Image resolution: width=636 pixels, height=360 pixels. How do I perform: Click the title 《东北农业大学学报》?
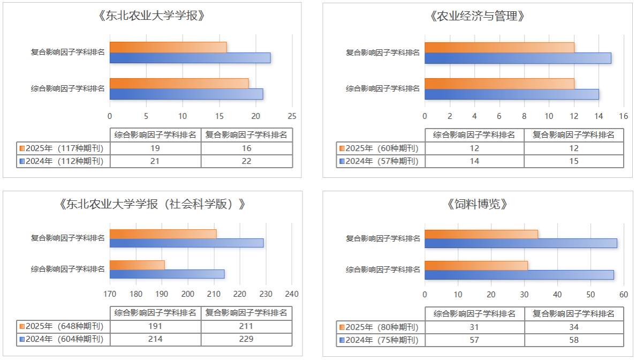tap(152, 16)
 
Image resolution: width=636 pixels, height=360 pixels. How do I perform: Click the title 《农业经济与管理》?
tap(477, 16)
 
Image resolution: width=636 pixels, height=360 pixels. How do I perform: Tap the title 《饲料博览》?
tap(477, 204)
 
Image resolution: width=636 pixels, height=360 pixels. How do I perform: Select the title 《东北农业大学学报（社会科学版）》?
tap(152, 204)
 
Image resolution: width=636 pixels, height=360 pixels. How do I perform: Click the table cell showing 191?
tap(155, 326)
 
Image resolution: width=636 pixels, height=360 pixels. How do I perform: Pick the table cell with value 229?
tap(247, 339)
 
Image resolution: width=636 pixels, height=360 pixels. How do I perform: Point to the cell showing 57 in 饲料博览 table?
tap(474, 340)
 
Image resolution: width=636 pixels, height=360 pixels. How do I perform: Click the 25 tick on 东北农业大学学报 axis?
tap(292, 116)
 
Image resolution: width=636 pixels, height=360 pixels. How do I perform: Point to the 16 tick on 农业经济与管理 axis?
tap(623, 116)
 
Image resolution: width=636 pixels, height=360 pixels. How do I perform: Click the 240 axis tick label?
tap(292, 294)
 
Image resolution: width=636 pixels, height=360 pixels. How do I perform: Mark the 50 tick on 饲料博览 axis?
tap(590, 294)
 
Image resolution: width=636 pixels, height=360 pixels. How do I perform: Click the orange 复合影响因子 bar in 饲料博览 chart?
tap(481, 234)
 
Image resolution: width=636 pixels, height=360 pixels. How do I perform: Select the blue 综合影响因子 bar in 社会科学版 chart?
tap(166, 274)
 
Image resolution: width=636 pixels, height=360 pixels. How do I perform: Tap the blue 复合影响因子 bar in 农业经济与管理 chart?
tap(517, 58)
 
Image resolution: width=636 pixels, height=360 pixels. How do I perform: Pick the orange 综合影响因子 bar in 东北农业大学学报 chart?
tap(179, 84)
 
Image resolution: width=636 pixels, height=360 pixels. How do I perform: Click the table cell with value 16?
tap(247, 148)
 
